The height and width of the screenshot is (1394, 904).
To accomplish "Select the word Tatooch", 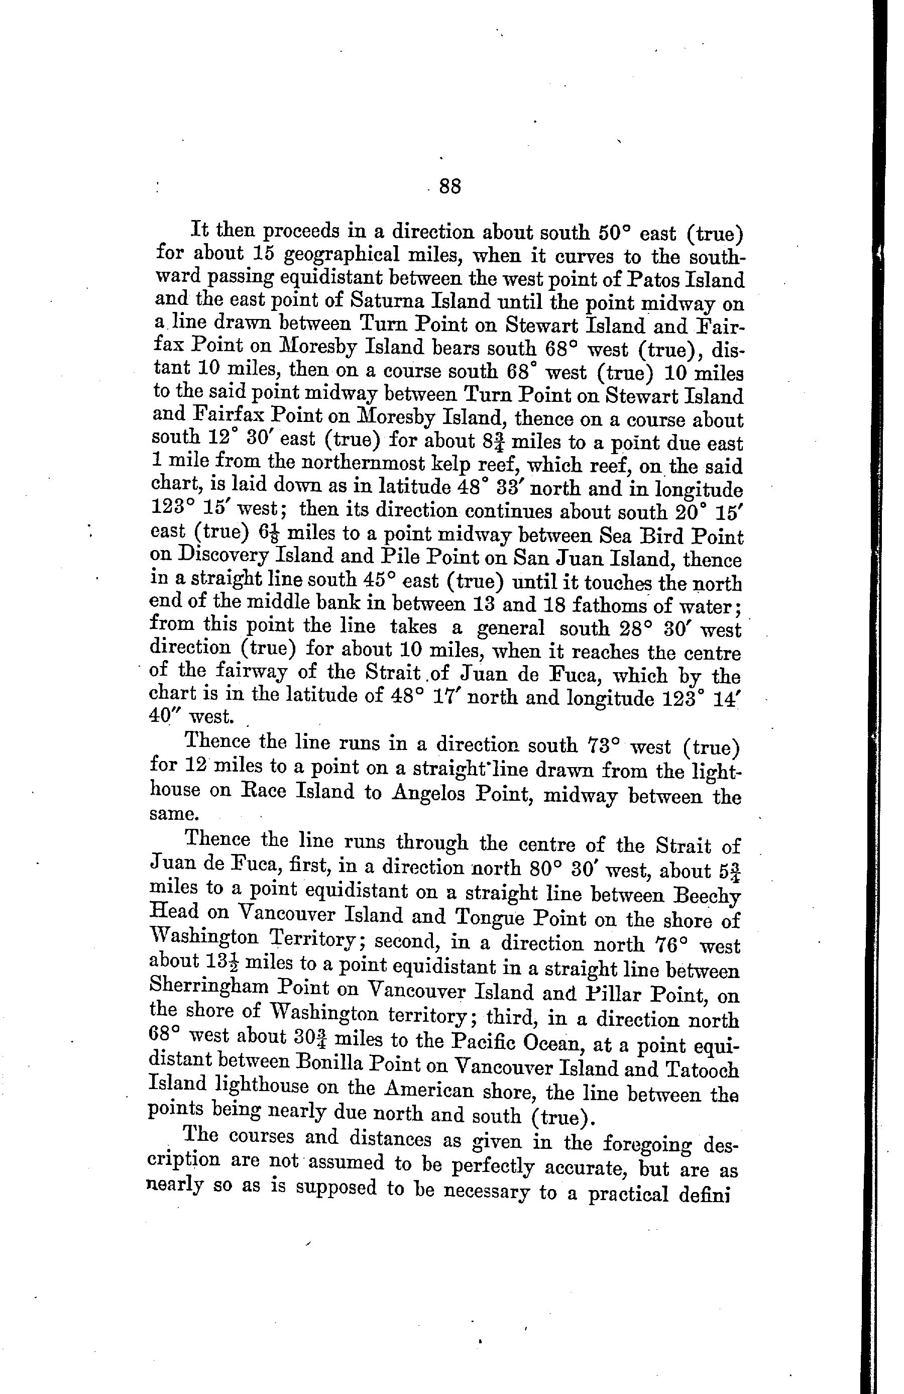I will pos(702,1070).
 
